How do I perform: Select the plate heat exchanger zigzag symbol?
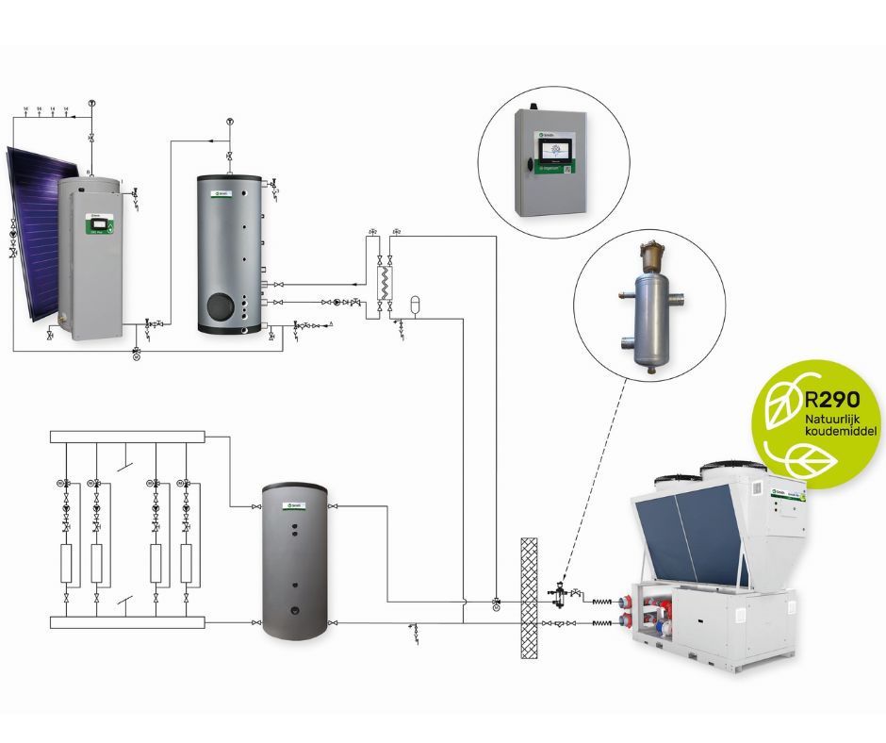pos(385,281)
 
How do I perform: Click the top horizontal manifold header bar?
pos(126,437)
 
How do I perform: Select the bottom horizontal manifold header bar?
pos(126,622)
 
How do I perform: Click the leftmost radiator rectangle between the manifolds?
pos(68,562)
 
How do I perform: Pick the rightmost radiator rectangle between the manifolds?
pos(186,562)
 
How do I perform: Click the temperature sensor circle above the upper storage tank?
pos(230,122)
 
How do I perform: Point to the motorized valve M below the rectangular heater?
pos(137,355)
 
